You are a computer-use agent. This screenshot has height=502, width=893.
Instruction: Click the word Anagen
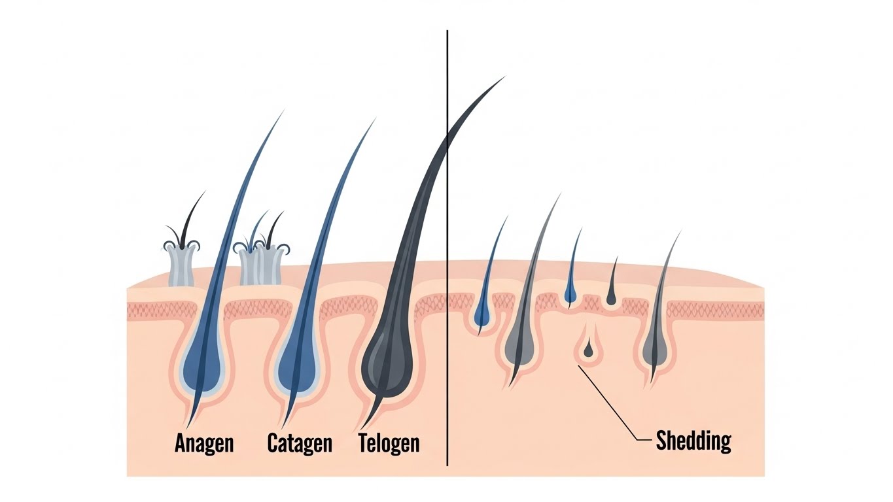(204, 443)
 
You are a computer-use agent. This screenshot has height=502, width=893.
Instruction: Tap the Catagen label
(300, 443)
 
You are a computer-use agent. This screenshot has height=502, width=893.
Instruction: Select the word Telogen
(389, 443)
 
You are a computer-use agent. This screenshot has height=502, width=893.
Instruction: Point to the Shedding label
(693, 441)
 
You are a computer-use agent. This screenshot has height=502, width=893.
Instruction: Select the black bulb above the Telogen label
(386, 366)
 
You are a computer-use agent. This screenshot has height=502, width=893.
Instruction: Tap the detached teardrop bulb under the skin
(589, 351)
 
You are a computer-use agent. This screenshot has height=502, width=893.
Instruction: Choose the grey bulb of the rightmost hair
(656, 350)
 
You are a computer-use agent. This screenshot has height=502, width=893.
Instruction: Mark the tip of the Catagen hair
(375, 119)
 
